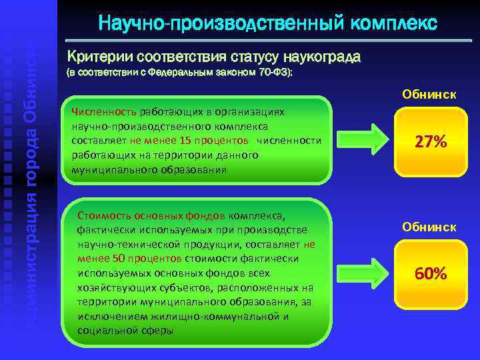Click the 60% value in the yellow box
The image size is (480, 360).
430,273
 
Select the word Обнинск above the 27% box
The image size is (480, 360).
429,95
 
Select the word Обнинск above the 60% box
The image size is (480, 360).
429,227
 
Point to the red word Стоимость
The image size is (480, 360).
100,215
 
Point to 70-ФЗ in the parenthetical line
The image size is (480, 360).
272,73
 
